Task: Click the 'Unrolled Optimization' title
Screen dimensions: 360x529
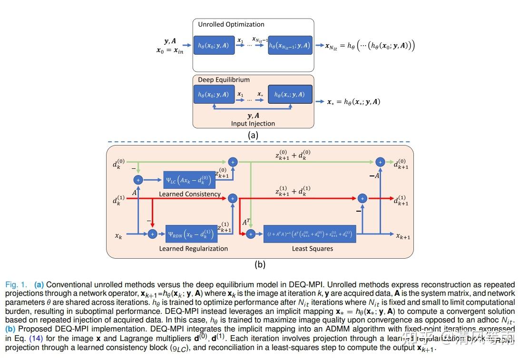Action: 231,24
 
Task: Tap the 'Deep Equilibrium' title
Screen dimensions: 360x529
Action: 224,79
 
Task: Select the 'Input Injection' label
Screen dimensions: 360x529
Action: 253,123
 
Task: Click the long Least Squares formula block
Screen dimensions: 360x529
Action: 309,234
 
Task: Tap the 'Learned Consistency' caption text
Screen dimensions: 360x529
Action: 190,194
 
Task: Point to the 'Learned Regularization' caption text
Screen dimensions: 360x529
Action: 193,248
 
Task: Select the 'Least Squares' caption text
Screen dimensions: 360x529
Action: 312,248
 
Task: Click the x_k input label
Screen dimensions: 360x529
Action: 118,235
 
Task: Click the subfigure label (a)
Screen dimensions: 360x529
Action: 253,135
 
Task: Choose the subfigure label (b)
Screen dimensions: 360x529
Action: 260,264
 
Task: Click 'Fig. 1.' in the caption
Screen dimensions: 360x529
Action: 16,285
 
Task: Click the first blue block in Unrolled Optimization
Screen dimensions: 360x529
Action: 213,46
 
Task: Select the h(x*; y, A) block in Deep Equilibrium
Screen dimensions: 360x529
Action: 290,95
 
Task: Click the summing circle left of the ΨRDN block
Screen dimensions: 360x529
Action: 152,234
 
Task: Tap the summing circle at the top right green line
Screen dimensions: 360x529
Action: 380,162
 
